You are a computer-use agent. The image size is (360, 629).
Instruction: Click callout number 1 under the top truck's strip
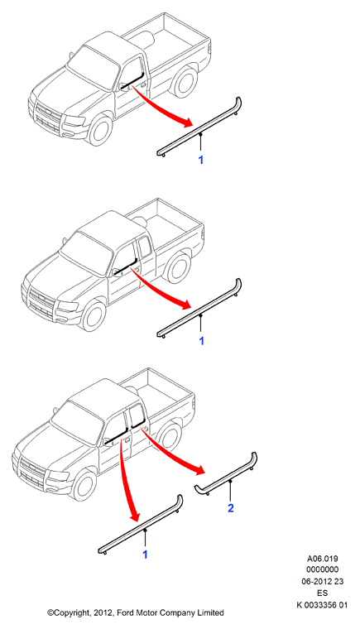pyautogui.click(x=201, y=160)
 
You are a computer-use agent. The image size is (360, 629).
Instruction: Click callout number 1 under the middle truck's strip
pyautogui.click(x=201, y=341)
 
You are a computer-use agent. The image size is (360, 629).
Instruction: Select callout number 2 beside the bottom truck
pyautogui.click(x=230, y=508)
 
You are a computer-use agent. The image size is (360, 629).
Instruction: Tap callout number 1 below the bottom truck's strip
pyautogui.click(x=145, y=555)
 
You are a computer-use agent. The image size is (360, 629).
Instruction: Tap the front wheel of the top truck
pyautogui.click(x=99, y=130)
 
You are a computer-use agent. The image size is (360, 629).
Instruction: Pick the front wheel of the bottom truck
pyautogui.click(x=84, y=485)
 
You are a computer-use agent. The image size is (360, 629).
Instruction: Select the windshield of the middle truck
pyautogui.click(x=87, y=252)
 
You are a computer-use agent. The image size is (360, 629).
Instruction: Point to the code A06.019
pyautogui.click(x=322, y=559)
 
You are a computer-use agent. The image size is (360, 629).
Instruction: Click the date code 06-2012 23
pyautogui.click(x=322, y=581)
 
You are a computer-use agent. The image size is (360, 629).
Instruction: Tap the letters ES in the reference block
pyautogui.click(x=322, y=593)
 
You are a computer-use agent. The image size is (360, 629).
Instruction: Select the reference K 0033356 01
pyautogui.click(x=322, y=605)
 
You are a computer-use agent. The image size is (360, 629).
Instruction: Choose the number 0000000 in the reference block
pyautogui.click(x=322, y=569)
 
